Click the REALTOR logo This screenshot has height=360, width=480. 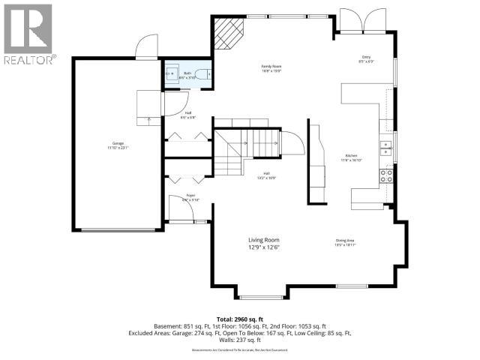click(x=28, y=34)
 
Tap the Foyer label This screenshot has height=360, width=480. click(x=190, y=197)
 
